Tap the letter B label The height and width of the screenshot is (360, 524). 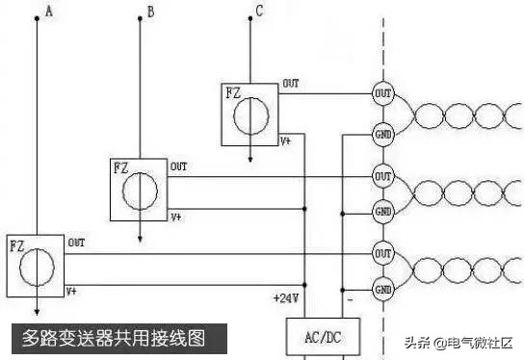click(x=149, y=12)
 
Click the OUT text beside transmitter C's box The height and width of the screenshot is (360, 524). click(x=290, y=85)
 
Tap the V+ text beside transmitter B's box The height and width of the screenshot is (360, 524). click(x=176, y=218)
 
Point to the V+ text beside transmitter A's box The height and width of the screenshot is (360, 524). click(x=72, y=291)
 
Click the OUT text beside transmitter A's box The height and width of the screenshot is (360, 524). click(x=75, y=243)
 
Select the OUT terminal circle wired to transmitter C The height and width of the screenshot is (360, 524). click(x=383, y=93)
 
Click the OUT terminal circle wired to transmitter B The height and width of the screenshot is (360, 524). click(x=383, y=177)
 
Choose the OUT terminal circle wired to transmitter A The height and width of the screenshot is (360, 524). click(x=383, y=254)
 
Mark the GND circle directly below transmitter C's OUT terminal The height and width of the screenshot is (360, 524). click(x=383, y=134)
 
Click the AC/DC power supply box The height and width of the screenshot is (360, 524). click(x=323, y=338)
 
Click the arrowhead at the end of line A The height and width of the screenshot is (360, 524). click(x=37, y=311)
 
